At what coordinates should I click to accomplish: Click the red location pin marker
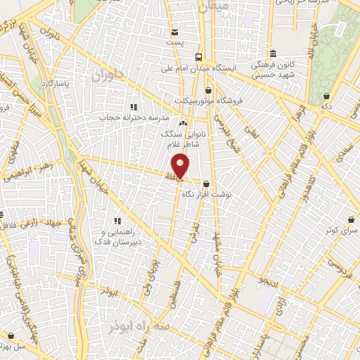tap(181, 165)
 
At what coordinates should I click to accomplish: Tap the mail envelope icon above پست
tap(174, 32)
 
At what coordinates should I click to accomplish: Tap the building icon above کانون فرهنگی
tap(274, 53)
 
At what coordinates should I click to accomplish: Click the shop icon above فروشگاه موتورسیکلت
tap(208, 90)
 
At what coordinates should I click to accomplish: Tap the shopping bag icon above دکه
tap(326, 96)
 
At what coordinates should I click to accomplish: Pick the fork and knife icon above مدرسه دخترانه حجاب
tap(133, 108)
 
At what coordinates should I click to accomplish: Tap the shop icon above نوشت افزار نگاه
tap(205, 184)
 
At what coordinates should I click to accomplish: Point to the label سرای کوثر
tap(342, 230)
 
